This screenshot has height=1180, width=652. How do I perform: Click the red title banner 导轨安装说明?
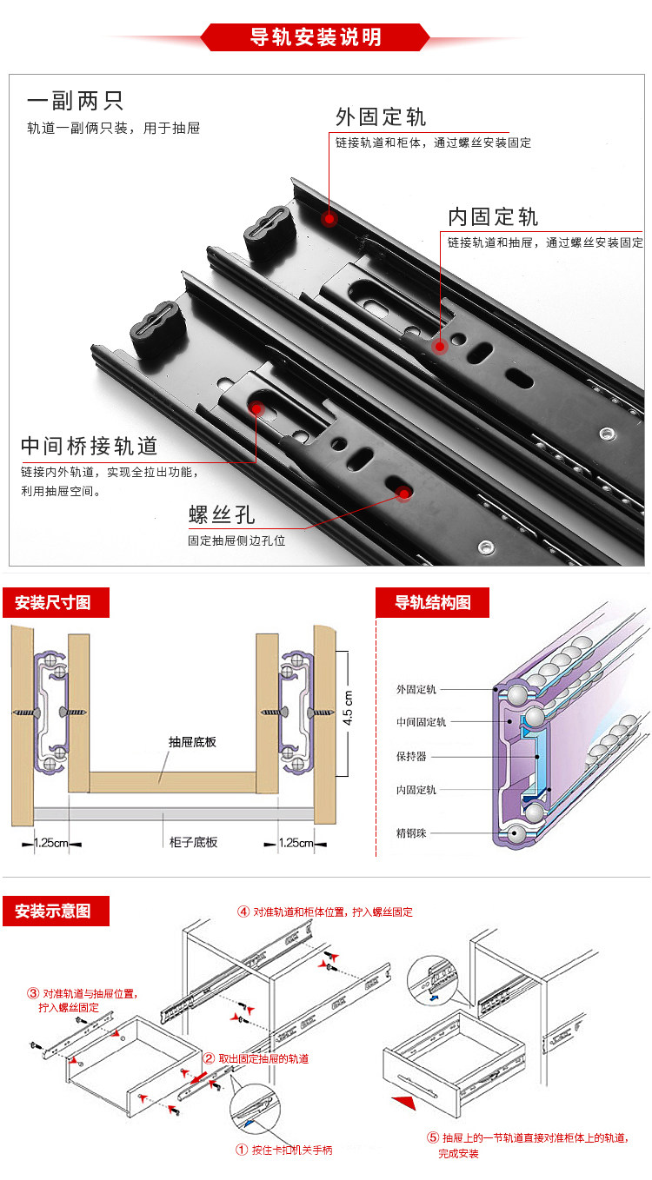(315, 37)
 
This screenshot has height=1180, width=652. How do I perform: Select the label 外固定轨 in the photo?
(381, 117)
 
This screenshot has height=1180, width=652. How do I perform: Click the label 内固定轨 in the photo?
(493, 216)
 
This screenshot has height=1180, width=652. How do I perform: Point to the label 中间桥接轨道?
(90, 446)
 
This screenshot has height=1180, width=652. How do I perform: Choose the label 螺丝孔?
(222, 514)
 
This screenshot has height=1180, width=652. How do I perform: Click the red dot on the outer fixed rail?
(329, 220)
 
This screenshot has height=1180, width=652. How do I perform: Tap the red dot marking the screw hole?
(403, 494)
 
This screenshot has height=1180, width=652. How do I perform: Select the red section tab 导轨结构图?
(432, 602)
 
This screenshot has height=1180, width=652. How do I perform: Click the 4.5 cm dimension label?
(347, 708)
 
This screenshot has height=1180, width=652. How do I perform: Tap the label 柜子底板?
(193, 842)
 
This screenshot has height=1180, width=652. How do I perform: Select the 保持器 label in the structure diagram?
(410, 756)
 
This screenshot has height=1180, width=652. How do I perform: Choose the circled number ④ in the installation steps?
(243, 912)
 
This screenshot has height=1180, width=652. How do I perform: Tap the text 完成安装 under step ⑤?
(458, 1154)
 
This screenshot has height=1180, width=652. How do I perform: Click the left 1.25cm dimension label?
(50, 842)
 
